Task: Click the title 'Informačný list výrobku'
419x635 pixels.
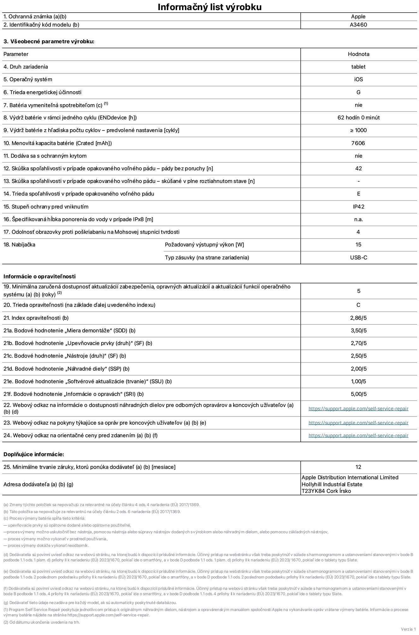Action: [209, 7]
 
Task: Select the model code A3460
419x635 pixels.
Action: [358, 25]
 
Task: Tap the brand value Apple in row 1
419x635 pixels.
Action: [358, 16]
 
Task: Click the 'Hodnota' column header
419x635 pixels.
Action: [358, 54]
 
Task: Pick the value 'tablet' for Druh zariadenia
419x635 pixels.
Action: [358, 67]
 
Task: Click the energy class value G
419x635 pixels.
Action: [358, 92]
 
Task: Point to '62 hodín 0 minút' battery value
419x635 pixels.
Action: [358, 118]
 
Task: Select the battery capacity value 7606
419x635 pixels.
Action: [358, 143]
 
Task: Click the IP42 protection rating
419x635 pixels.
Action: [358, 207]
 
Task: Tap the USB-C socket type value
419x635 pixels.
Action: [358, 257]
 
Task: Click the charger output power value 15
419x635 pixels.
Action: [358, 245]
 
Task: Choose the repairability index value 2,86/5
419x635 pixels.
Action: [358, 318]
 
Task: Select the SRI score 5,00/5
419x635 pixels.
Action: [358, 394]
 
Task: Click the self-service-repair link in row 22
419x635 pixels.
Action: [358, 408]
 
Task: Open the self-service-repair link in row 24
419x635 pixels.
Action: [358, 435]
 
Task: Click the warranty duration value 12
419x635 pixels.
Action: [358, 467]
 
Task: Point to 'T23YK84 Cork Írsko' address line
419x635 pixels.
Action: [326, 491]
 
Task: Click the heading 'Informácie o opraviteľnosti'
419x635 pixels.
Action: [39, 276]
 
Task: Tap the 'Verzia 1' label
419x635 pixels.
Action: [408, 629]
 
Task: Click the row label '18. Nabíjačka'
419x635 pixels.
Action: [20, 245]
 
